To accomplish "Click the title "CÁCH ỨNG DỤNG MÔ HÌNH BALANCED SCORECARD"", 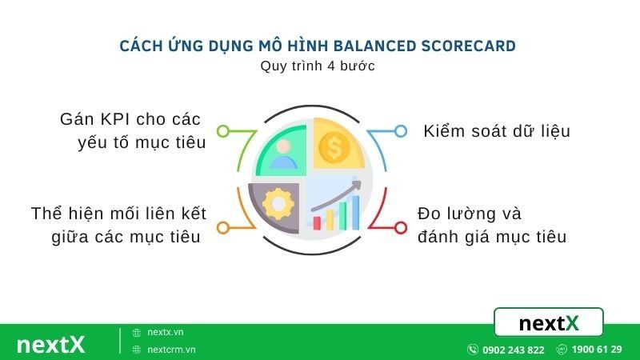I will pyautogui.click(x=318, y=45).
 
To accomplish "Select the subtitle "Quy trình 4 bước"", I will pyautogui.click(x=318, y=66).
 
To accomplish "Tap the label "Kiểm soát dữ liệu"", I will pyautogui.click(x=497, y=131).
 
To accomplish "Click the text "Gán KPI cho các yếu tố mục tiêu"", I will pyautogui.click(x=131, y=131).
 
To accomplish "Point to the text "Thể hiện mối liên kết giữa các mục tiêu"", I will pyautogui.click(x=119, y=225).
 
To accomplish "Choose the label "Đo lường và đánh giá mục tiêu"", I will pyautogui.click(x=491, y=225).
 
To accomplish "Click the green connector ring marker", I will pyautogui.click(x=224, y=130).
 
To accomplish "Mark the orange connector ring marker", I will pyautogui.click(x=224, y=228).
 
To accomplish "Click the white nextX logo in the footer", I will pyautogui.click(x=50, y=344).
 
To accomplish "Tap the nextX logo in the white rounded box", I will pyautogui.click(x=548, y=323).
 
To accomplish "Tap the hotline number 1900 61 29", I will pyautogui.click(x=597, y=350).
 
